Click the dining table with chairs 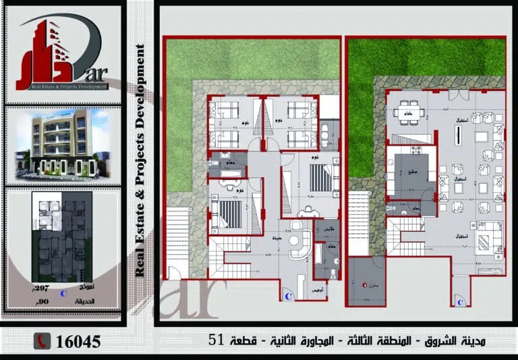tap(408, 111)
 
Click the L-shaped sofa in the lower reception tap(486, 237)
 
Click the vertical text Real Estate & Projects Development tap(140, 160)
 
